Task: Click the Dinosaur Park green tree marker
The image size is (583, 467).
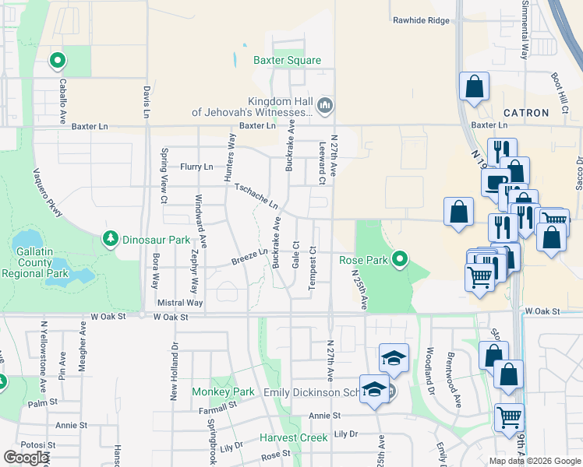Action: coord(111,237)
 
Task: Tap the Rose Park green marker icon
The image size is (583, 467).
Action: coord(400,258)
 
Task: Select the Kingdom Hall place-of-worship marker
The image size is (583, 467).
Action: coord(326,104)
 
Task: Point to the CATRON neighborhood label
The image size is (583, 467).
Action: coord(526,113)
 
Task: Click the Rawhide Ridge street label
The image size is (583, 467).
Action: coord(422,20)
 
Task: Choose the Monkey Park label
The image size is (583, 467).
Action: coord(224,392)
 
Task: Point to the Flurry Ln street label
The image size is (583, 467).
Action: coord(196,167)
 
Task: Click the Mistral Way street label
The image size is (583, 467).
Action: coord(179,302)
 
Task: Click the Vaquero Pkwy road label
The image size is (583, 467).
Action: coord(46,188)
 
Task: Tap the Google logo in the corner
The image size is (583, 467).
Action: coord(26,458)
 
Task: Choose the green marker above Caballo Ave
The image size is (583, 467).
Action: coord(57,59)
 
